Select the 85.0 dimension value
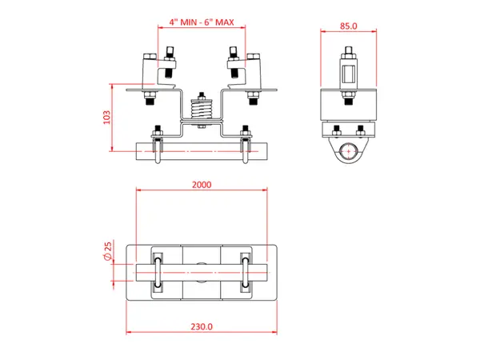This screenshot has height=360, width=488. (348, 26)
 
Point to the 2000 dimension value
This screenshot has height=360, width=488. (202, 184)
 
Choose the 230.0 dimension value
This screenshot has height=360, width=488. (202, 326)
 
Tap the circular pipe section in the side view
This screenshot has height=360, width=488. (348, 151)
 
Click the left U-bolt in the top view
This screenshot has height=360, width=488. (158, 274)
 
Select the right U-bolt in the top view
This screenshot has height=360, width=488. (246, 274)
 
